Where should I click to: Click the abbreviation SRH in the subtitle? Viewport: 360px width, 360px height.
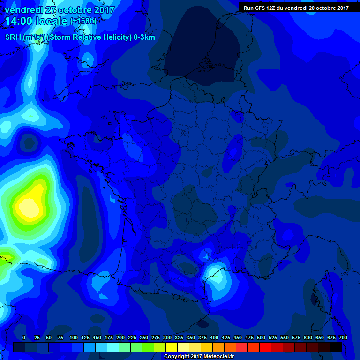[x=13, y=37]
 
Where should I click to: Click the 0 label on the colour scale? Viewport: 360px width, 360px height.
[x=24, y=337]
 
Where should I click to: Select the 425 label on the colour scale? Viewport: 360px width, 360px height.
[x=226, y=337]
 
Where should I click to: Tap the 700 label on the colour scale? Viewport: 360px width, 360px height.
[x=343, y=337]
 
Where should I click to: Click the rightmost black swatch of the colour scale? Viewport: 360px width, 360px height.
[x=336, y=347]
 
